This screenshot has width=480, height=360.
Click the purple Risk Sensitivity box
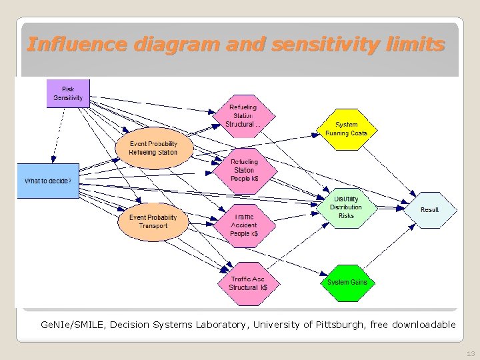[x=68, y=94]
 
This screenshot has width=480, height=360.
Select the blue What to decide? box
[x=48, y=181]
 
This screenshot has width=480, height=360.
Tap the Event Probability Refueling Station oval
[x=153, y=148]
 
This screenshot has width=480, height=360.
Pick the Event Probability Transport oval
[x=153, y=222]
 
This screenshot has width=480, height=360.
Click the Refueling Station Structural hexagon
[x=243, y=115]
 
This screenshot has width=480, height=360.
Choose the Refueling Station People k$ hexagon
[x=245, y=170]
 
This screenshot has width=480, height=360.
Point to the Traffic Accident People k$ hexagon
[x=244, y=225]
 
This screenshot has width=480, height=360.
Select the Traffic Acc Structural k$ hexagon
[x=248, y=283]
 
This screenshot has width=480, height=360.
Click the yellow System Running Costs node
[x=347, y=129]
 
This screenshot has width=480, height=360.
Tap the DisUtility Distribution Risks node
[x=346, y=207]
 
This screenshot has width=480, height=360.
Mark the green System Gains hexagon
[x=347, y=282]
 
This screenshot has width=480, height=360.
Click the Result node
[x=430, y=210]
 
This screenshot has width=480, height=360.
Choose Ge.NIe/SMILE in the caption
[x=71, y=325]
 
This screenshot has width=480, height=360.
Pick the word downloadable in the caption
[x=424, y=325]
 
